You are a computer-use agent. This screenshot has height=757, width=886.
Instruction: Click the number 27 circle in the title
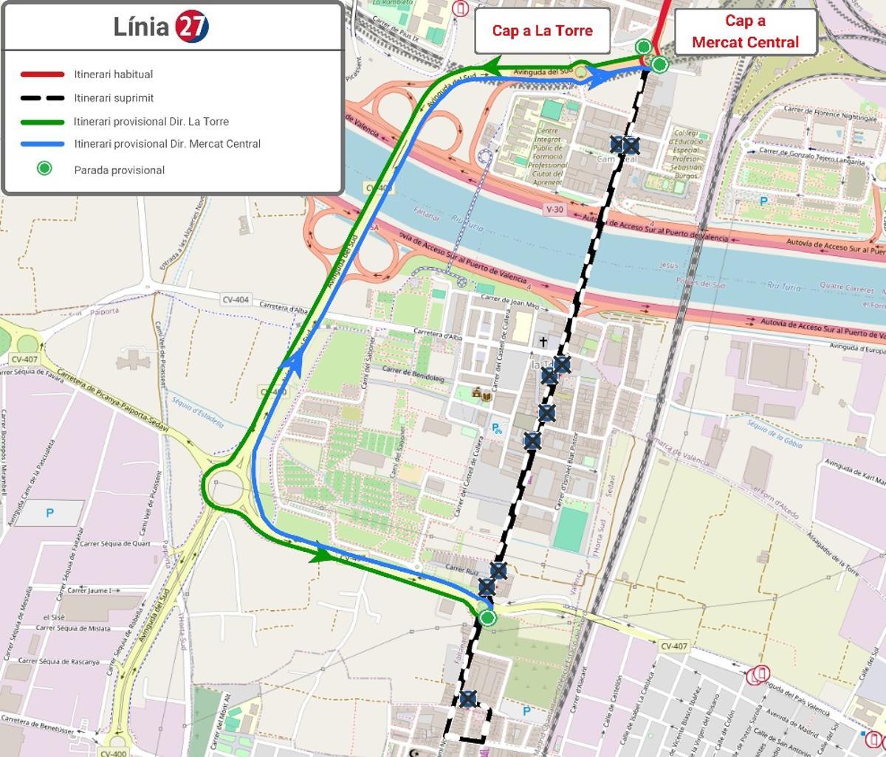pos(192,27)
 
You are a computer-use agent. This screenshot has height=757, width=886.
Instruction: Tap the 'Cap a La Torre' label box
pos(542,30)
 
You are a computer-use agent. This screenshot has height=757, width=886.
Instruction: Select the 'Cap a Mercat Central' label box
pos(745,32)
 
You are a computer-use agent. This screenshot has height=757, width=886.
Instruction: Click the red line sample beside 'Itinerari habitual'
pos(42,75)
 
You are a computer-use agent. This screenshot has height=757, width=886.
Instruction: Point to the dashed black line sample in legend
pos(42,98)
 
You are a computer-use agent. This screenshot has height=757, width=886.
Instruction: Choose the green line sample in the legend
pos(42,122)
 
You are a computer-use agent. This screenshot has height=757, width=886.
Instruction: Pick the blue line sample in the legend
pos(42,145)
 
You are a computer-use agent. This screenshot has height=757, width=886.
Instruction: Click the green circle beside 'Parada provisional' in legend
pos(44,169)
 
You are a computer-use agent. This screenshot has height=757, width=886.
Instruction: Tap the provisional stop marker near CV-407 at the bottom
pos(487,618)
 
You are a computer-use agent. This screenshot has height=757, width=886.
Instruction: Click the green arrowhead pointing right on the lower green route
pos(320,555)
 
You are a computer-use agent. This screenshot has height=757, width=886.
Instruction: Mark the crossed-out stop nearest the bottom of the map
pos(467,698)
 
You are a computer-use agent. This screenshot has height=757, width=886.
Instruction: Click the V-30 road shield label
pos(554,210)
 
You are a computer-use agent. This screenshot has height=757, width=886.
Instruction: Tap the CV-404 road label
pos(236,300)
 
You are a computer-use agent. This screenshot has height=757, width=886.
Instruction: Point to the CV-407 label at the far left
pos(24,359)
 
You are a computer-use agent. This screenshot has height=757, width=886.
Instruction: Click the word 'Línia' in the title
pos(142,27)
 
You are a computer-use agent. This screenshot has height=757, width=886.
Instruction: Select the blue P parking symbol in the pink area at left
pos(49,513)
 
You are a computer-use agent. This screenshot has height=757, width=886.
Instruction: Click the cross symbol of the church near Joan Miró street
pos(543,342)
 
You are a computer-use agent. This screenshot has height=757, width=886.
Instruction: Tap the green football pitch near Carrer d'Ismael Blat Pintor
pos(570,528)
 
